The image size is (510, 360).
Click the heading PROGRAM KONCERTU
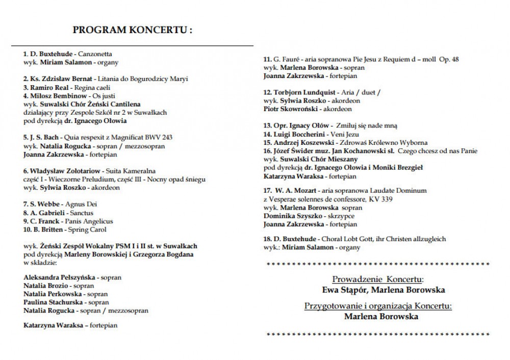point(133,30)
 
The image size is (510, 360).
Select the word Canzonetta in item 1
point(97,54)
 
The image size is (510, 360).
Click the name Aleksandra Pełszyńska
point(60,277)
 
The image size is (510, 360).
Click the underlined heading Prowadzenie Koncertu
point(377,279)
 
